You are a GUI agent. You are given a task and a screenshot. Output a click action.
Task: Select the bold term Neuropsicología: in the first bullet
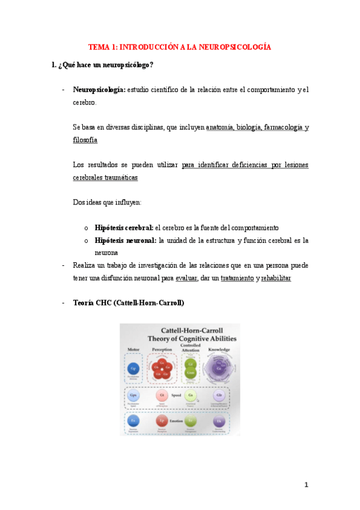click(99, 90)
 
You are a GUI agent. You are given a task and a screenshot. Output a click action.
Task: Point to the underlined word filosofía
click(85, 140)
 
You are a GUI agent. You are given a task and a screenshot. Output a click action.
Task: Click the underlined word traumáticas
click(118, 177)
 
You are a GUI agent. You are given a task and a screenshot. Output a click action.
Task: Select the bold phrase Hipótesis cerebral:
click(124, 228)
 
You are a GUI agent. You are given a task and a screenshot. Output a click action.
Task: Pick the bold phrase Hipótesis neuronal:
click(125, 241)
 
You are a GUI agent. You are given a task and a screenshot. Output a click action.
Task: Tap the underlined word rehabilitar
click(276, 278)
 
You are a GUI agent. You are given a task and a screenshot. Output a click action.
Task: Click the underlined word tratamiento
click(237, 278)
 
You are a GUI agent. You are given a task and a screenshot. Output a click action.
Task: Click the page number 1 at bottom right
click(306, 485)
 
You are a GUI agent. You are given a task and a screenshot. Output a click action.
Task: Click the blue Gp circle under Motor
click(135, 368)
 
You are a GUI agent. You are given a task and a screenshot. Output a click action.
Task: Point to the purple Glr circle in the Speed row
click(219, 395)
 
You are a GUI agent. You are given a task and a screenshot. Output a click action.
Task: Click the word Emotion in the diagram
click(176, 421)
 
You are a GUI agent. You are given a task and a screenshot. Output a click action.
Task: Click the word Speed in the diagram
click(176, 396)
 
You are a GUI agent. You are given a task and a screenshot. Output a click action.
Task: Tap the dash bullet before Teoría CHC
click(64, 303)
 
